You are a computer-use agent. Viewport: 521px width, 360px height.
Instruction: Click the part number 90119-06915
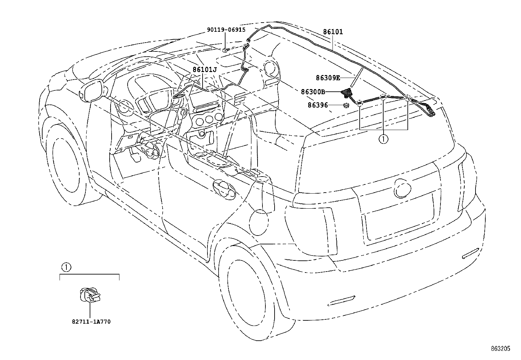pos(225,29)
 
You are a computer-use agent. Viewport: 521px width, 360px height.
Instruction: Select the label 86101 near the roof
pos(333,32)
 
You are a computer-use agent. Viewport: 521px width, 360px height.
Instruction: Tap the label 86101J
pos(205,69)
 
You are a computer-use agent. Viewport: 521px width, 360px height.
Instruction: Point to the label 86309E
pos(328,78)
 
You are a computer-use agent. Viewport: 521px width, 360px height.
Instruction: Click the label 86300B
pos(313,92)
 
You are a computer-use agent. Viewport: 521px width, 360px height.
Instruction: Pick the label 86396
pos(317,105)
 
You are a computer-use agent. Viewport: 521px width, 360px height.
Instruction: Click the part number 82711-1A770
pos(91,322)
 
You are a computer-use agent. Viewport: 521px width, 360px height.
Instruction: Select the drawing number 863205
pos(500,349)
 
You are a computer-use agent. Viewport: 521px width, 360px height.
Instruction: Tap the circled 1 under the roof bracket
pos(383,139)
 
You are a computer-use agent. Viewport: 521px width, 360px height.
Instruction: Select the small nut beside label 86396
pos(346,105)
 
